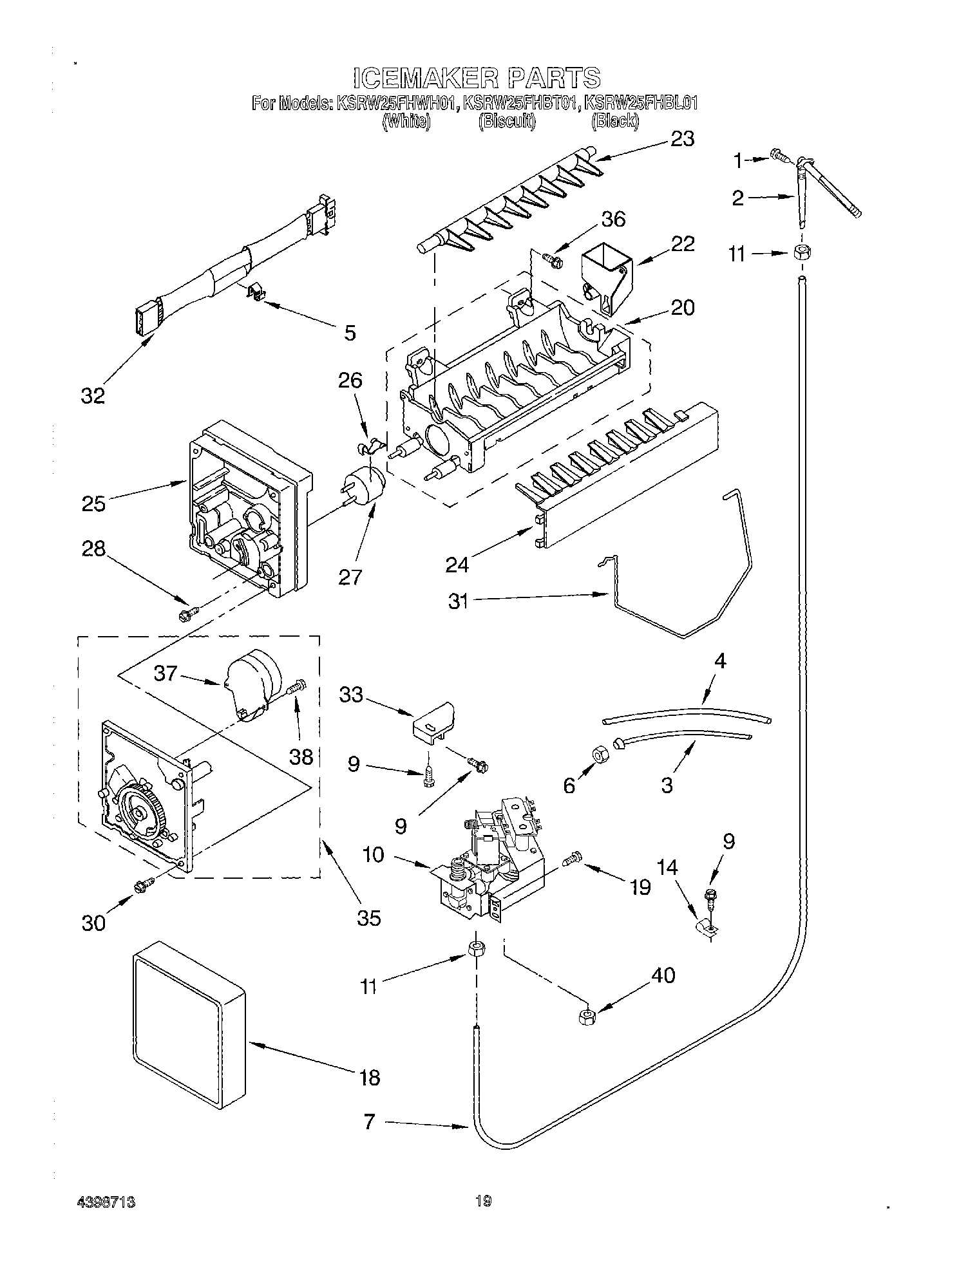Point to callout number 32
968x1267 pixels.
coord(93,395)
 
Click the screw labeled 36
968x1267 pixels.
coord(552,260)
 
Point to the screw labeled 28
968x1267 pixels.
coord(187,614)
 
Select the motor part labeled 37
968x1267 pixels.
coord(253,684)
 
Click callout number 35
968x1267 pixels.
coord(369,917)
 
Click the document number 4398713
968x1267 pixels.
coord(109,1201)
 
